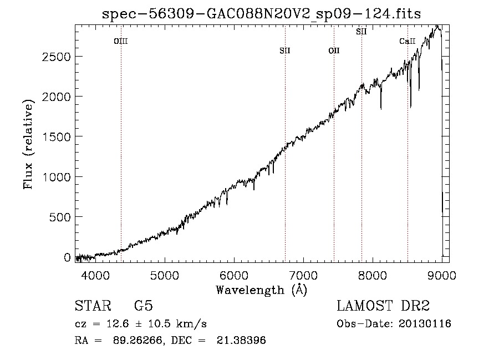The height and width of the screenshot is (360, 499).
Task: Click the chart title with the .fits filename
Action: pos(261,14)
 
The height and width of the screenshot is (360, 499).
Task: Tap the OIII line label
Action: pos(121,41)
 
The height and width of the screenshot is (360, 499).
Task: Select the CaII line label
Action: pos(408,41)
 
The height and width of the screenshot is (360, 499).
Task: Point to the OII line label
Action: pos(334,50)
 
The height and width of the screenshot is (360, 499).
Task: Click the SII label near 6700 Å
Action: pos(285,50)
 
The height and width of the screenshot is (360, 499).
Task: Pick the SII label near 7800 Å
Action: pos(361,32)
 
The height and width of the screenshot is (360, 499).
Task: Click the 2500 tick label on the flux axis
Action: pos(56,57)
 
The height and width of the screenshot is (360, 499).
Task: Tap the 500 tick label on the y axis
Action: pos(59,217)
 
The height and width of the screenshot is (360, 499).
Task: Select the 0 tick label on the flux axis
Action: pos(67,257)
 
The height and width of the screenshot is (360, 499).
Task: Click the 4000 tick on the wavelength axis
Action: pos(95,275)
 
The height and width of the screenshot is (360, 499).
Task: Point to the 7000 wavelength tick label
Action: pos(303,275)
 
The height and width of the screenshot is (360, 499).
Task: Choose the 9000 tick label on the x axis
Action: pos(442,275)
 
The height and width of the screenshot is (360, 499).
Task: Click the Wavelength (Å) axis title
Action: pos(262,290)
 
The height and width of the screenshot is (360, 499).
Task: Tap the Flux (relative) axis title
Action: pos(28,145)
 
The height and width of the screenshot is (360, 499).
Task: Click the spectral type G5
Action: pos(144,306)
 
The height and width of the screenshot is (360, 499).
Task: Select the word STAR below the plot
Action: pos(93,306)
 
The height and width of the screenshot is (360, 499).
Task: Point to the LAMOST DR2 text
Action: pos(383,306)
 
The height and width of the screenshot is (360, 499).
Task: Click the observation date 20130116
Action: pos(425,324)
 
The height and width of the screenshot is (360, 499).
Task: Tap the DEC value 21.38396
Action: pos(241,340)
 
